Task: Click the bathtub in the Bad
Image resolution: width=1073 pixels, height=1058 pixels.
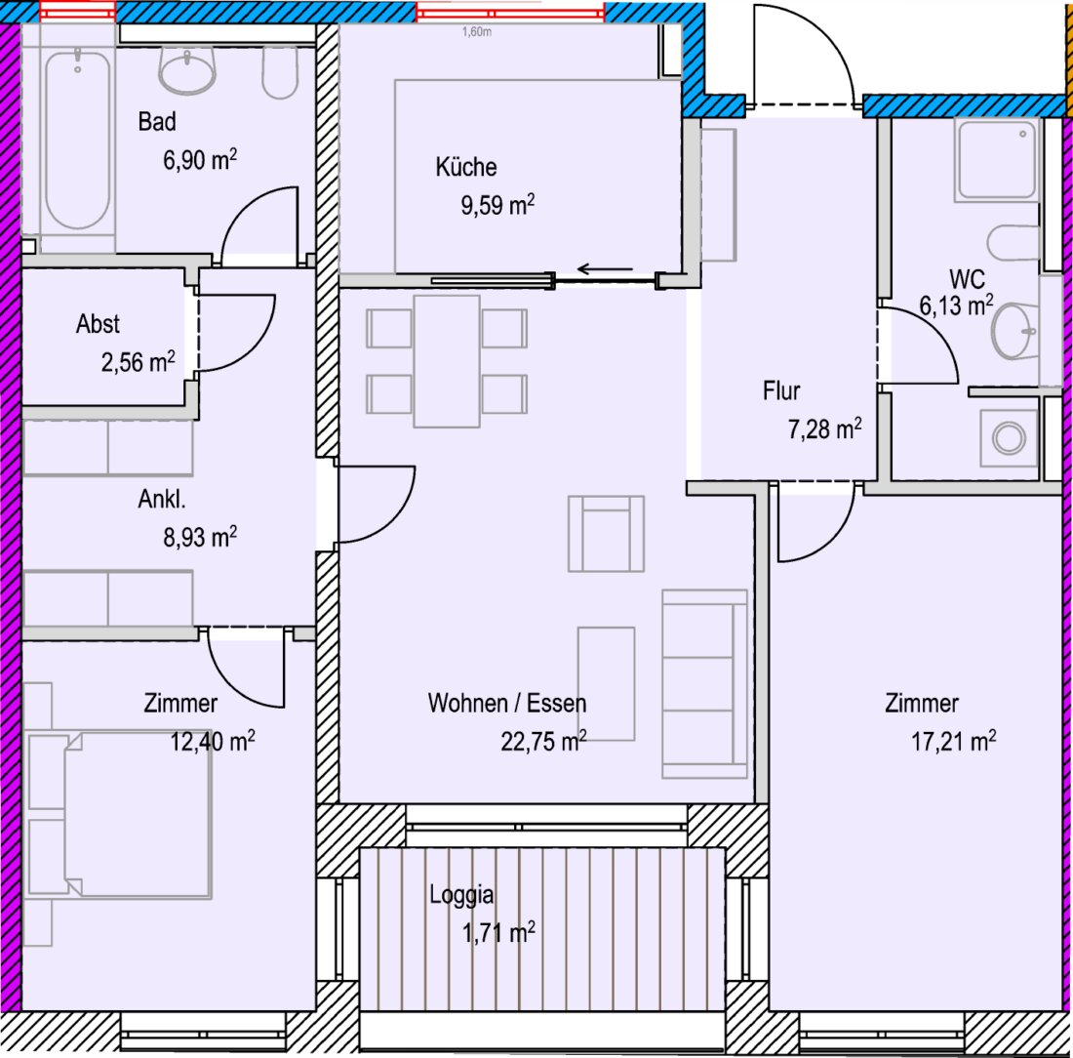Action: tap(77, 141)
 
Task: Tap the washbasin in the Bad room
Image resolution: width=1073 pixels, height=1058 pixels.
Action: tap(187, 71)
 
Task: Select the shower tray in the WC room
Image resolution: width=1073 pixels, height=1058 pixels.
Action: tap(997, 159)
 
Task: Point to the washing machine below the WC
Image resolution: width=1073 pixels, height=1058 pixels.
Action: tap(1009, 437)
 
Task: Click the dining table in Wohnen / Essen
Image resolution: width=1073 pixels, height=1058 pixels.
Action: tap(446, 361)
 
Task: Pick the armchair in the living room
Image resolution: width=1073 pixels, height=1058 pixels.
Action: tap(606, 534)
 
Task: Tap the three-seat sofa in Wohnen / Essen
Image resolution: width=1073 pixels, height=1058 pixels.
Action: tap(704, 683)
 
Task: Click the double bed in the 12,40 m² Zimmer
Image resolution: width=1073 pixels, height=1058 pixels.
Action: tap(118, 814)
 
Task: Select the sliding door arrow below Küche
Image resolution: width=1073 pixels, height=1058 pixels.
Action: tap(604, 269)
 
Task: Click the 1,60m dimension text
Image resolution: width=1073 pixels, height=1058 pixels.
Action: tap(476, 31)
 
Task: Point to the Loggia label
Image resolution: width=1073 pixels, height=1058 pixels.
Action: tap(461, 895)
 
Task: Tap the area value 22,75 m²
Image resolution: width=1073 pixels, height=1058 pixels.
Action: tap(543, 741)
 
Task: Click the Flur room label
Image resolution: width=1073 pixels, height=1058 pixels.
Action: tap(781, 391)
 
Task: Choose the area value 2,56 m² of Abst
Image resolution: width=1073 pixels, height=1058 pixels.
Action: tap(139, 361)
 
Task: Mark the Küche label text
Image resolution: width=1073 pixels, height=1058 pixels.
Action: tap(466, 167)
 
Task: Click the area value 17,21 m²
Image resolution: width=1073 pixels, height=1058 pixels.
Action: tap(953, 741)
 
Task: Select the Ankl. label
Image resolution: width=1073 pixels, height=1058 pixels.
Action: tap(162, 499)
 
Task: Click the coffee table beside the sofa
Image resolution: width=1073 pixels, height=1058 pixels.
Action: tap(607, 683)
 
